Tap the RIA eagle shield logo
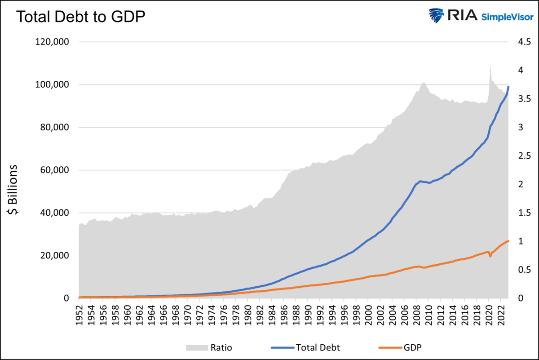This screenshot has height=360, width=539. [x=436, y=16]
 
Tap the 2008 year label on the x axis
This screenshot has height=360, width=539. [x=417, y=312]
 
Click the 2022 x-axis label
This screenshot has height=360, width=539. [x=501, y=312]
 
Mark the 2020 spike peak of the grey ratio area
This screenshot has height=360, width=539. [x=490, y=66]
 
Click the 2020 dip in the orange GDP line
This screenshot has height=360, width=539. [x=490, y=257]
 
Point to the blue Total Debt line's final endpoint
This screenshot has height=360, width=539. [x=508, y=87]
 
